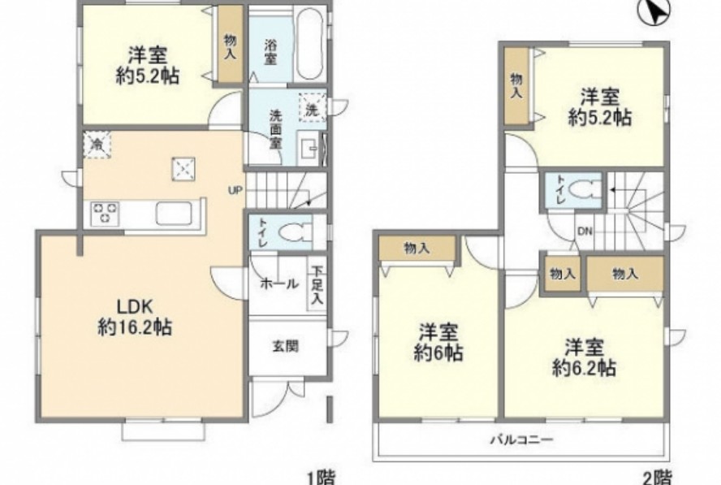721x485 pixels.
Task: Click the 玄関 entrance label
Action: pyautogui.click(x=284, y=345)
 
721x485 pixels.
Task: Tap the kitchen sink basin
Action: pyautogui.click(x=175, y=215)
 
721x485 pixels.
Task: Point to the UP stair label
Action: pyautogui.click(x=235, y=192)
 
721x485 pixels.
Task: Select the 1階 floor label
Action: pyautogui.click(x=322, y=477)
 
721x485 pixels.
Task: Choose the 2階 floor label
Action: pyautogui.click(x=658, y=477)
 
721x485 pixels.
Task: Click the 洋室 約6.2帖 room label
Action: pyautogui.click(x=584, y=357)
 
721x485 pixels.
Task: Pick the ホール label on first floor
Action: pyautogui.click(x=278, y=284)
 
